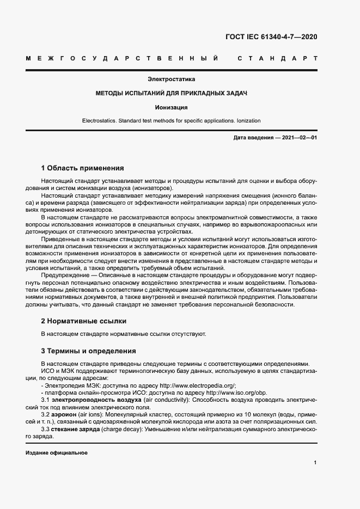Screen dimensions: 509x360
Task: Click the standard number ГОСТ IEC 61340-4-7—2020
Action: pyautogui.click(x=271, y=38)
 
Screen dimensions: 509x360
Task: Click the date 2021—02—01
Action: pyautogui.click(x=300, y=138)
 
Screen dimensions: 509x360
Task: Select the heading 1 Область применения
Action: pyautogui.click(x=83, y=168)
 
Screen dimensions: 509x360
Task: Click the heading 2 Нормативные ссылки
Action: pyautogui.click(x=84, y=321)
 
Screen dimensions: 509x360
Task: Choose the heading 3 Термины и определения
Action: pyautogui.click(x=89, y=351)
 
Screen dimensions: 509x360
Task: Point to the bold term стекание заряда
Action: pyautogui.click(x=76, y=430)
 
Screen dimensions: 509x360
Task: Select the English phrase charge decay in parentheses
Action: pyautogui.click(x=123, y=430)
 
